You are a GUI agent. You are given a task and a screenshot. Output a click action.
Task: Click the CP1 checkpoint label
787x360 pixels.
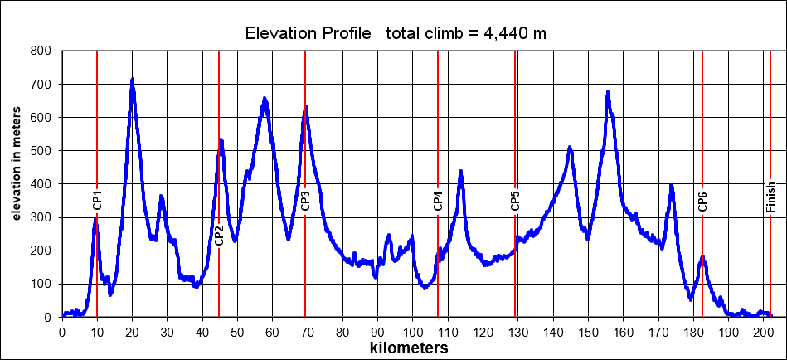click(97, 201)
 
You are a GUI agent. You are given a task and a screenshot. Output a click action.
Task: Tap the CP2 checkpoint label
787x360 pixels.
click(219, 235)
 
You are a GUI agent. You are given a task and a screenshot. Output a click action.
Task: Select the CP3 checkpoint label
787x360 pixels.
click(305, 201)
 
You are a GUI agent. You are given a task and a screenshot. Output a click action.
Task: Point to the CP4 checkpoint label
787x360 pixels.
click(438, 201)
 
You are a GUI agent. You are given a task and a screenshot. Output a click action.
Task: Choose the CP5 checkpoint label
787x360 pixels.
click(515, 201)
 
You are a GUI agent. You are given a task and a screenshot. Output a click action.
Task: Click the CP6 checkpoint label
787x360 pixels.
click(702, 201)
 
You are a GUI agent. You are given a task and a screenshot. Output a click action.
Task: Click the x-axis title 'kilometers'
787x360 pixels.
click(409, 348)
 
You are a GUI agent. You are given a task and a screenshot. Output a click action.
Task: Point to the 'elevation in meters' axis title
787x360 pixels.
click(17, 183)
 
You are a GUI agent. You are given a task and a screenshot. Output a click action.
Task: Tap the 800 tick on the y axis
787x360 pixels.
click(41, 51)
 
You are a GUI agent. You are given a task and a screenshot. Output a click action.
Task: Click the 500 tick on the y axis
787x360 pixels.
click(41, 151)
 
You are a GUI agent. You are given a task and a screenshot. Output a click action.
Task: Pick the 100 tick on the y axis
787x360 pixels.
click(41, 284)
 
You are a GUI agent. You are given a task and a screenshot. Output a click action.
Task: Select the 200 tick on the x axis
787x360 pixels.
click(764, 333)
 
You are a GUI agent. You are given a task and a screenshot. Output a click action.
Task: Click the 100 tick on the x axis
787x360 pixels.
click(413, 333)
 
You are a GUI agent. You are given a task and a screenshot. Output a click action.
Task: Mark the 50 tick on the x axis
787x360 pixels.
click(237, 333)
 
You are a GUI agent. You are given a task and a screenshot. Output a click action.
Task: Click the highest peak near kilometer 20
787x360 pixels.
click(133, 80)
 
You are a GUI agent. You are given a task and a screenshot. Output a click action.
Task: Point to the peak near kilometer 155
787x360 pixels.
click(608, 91)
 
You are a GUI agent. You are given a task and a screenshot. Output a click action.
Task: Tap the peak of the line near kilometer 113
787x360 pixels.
click(460, 171)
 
